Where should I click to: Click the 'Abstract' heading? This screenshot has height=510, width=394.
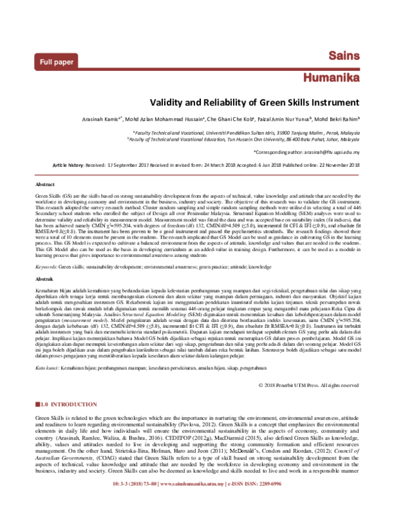click(x=44, y=185)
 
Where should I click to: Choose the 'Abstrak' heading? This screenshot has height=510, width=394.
click(x=44, y=279)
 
